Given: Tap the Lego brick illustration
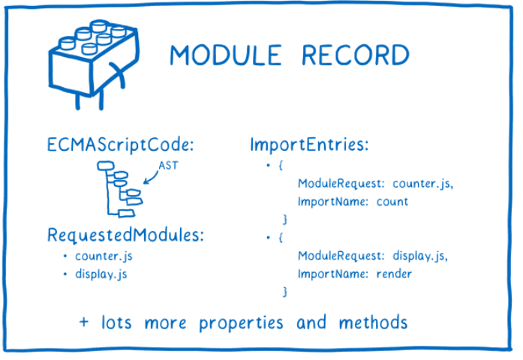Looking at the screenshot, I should [x=89, y=61].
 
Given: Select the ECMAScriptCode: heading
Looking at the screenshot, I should [x=121, y=143].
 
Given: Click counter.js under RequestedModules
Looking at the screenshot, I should [x=104, y=256].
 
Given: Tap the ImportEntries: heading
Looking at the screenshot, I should [x=308, y=143].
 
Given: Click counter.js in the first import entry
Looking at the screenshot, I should [x=423, y=184].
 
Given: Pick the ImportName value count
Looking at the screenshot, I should [x=393, y=201].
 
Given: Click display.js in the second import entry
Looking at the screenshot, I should [x=420, y=256].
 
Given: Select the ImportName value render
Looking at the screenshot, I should [x=395, y=273].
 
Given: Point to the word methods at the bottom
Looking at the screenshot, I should [x=372, y=322].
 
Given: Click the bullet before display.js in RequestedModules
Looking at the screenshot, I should [x=65, y=274].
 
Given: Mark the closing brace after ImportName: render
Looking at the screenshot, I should [x=284, y=291].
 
